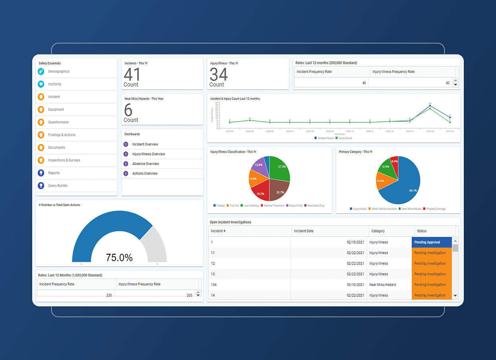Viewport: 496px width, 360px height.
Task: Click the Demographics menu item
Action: click(x=58, y=72)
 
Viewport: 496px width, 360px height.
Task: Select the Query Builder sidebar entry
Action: click(x=58, y=186)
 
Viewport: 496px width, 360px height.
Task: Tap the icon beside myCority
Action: click(x=41, y=84)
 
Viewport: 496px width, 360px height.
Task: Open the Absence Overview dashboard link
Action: click(x=145, y=164)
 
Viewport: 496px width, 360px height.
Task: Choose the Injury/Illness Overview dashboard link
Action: click(x=149, y=154)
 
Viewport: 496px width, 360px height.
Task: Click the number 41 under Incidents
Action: click(x=132, y=75)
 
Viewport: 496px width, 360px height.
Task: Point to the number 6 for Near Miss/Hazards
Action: click(x=128, y=110)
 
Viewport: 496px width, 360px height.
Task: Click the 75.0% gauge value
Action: click(x=119, y=257)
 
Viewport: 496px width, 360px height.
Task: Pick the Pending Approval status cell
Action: click(x=431, y=242)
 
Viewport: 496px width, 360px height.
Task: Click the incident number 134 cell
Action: click(x=214, y=285)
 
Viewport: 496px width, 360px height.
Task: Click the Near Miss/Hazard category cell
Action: click(x=382, y=285)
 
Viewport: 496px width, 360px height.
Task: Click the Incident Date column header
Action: click(x=304, y=231)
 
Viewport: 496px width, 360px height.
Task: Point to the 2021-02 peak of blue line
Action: click(x=430, y=106)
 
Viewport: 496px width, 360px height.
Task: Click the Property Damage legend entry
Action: click(x=435, y=209)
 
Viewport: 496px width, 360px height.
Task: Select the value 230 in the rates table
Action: click(x=109, y=295)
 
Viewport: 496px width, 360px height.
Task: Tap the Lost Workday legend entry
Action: click(x=251, y=206)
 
